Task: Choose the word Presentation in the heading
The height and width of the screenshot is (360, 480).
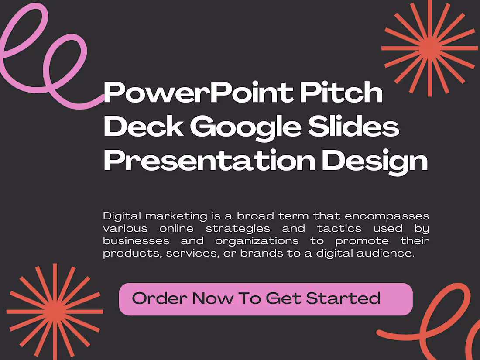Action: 209,160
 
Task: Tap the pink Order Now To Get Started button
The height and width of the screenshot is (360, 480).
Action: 265,299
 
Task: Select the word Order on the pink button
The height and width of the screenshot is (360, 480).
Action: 159,298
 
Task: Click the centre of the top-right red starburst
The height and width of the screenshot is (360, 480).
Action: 430,47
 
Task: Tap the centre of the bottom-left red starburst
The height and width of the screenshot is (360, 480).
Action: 55,311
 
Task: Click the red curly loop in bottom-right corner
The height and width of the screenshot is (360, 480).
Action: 441,319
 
